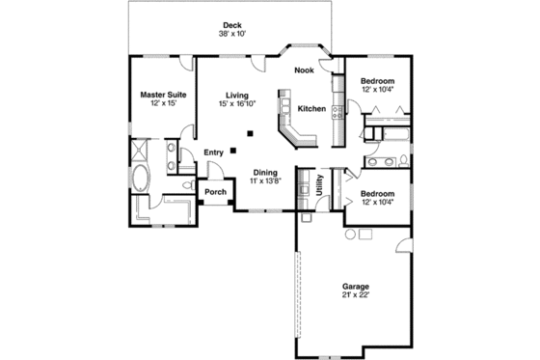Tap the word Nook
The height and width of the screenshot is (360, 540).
[x=304, y=69]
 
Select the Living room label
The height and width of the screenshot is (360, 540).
[x=238, y=96]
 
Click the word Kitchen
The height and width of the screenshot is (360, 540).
[x=311, y=108]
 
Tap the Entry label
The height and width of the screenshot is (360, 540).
[x=214, y=152]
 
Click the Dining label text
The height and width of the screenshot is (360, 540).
[x=265, y=172]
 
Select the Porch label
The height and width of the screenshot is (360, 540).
[x=216, y=191]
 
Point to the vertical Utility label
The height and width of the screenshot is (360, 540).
[x=319, y=184]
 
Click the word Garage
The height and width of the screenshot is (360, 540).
[x=355, y=287]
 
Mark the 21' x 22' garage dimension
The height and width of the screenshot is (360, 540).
[x=355, y=295]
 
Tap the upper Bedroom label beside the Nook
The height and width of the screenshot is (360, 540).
[x=378, y=80]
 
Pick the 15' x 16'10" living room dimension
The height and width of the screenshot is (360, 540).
[x=238, y=104]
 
